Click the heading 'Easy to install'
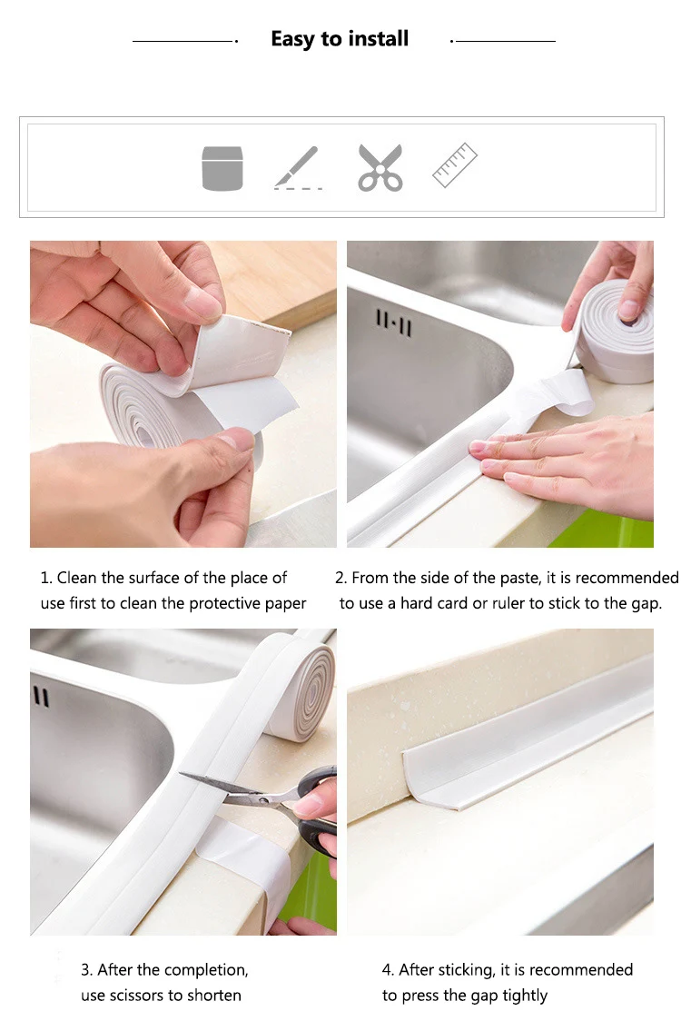(x=340, y=40)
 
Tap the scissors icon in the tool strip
(x=380, y=168)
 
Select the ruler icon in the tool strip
(x=454, y=164)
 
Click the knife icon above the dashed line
(x=297, y=165)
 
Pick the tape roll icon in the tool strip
(x=222, y=168)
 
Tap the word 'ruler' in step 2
(x=508, y=603)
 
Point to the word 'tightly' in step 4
(x=525, y=996)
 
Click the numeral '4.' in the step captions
(x=388, y=969)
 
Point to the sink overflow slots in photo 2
(x=394, y=323)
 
